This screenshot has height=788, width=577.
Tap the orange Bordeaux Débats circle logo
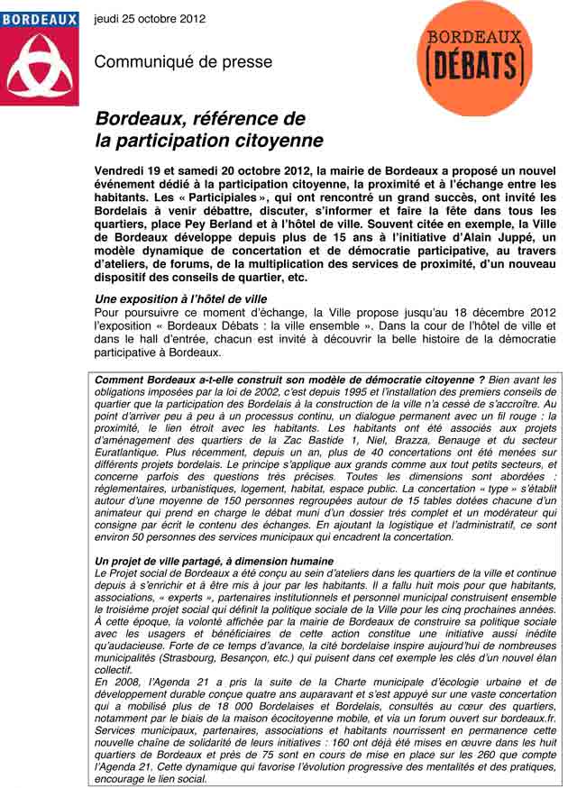tap(474, 59)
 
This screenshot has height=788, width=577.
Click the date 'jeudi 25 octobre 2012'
tap(150, 18)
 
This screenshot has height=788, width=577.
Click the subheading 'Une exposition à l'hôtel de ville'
tap(180, 298)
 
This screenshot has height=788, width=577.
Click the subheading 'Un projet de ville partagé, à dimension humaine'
tap(214, 561)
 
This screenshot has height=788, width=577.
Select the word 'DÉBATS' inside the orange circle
tap(474, 68)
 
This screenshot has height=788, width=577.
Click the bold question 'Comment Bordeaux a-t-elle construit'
tap(208, 380)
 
